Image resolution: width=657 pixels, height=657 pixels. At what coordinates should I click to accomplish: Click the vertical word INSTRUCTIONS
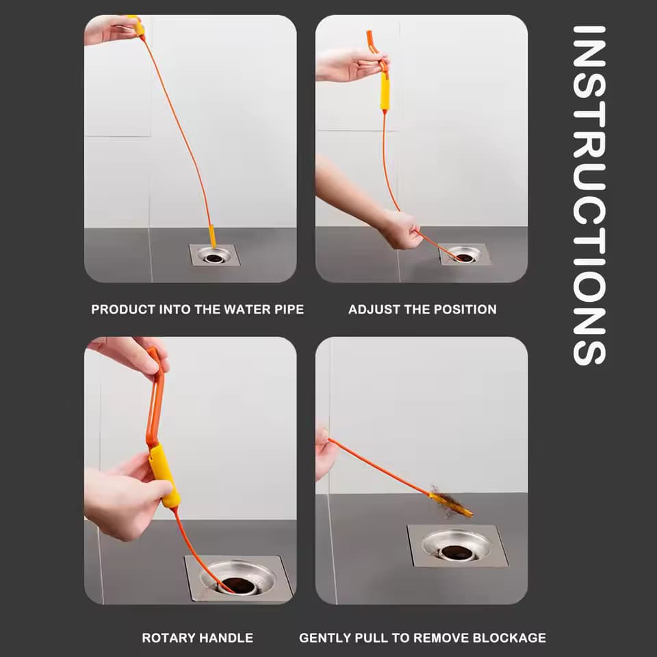point(589,196)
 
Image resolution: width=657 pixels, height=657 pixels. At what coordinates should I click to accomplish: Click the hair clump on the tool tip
point(446,501)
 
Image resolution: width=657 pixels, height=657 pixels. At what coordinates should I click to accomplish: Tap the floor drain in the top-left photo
point(214,256)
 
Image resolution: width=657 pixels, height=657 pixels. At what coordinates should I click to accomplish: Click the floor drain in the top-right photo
point(465,255)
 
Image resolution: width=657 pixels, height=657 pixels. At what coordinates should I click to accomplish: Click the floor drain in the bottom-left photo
point(237,579)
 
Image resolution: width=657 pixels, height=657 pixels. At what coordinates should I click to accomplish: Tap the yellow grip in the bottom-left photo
point(164,475)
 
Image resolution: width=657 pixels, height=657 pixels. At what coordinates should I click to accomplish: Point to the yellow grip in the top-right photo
point(385,92)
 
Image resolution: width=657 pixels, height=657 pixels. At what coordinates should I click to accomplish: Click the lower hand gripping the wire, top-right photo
point(400,229)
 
